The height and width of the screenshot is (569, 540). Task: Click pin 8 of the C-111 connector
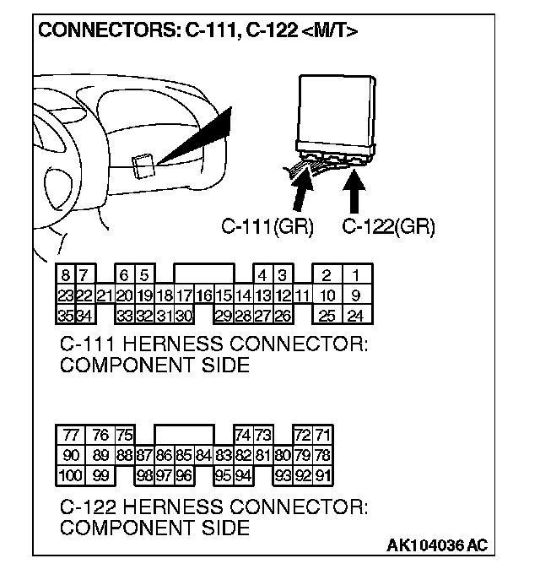[x=65, y=275]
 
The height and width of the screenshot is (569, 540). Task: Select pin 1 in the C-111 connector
[x=356, y=275]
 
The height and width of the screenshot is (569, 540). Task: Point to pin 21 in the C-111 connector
[x=105, y=296]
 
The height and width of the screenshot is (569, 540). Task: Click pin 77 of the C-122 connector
[x=71, y=435]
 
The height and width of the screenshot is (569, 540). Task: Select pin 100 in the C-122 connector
[x=71, y=475]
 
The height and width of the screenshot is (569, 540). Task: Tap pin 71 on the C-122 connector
[x=322, y=435]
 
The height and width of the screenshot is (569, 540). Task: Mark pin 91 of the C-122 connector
[x=322, y=475]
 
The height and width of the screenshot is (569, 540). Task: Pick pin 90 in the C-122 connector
[x=71, y=455]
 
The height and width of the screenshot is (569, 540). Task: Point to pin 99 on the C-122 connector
[x=100, y=475]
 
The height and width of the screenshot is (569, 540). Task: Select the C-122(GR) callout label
[x=389, y=226]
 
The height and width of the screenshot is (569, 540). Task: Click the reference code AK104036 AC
[x=436, y=545]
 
